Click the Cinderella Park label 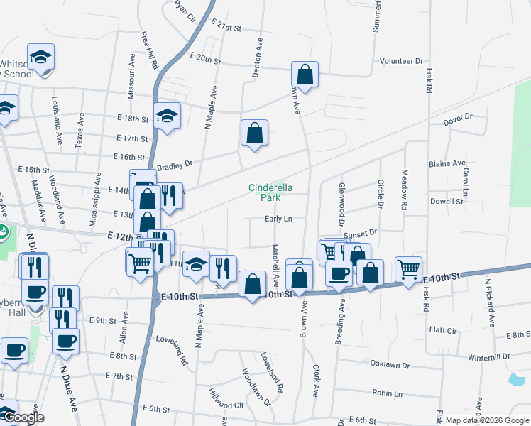270,192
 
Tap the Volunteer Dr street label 400,61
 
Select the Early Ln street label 279,219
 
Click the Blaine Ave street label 447,163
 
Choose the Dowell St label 447,201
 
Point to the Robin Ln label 387,393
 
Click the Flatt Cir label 443,329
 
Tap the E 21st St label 226,27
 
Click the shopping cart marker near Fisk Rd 409,268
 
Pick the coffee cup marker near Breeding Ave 339,273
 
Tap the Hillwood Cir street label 226,399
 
